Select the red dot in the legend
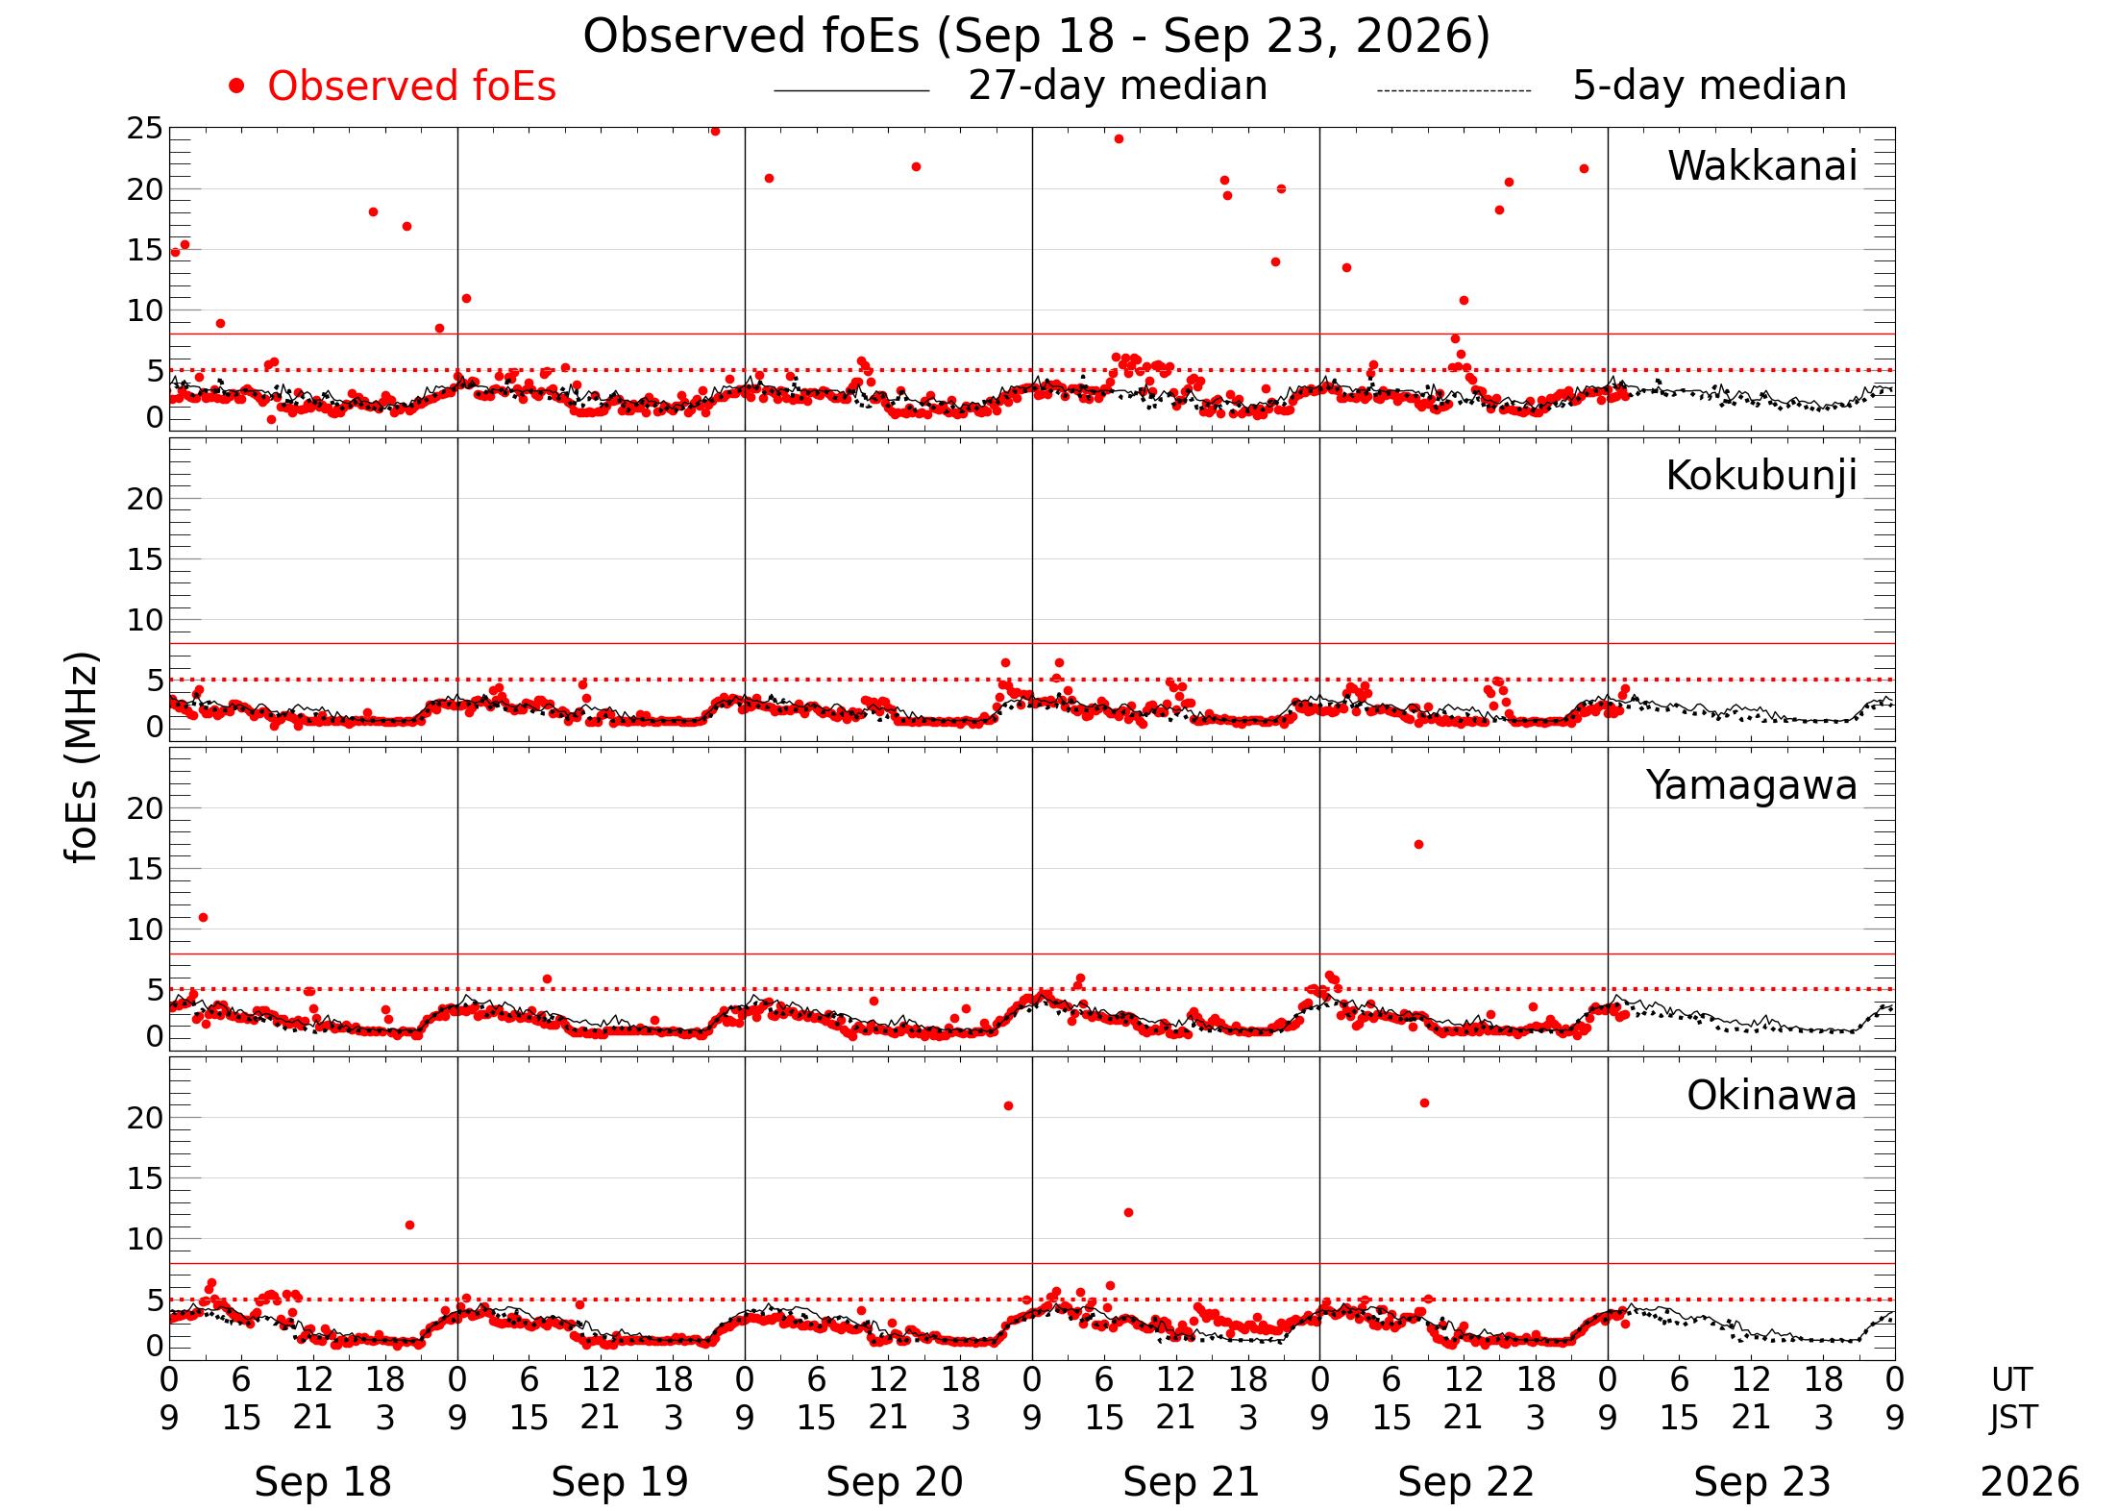236,87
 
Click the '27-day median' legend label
1118,86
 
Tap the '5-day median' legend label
1710,86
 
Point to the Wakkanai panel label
1762,165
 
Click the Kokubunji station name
1761,476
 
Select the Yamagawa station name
1752,786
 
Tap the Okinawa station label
1772,1096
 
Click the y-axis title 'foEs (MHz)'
83,758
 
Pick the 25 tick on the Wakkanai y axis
146,129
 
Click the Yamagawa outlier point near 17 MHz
1418,844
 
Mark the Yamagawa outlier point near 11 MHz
203,917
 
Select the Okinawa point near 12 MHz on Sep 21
1128,1212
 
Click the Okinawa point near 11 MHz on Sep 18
409,1225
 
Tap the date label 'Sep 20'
895,1481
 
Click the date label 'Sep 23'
1761,1481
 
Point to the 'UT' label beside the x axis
2011,1379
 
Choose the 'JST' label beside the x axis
2012,1417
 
